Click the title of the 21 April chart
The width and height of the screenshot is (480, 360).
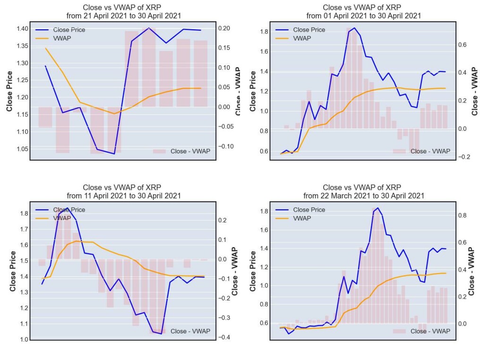coord(124,12)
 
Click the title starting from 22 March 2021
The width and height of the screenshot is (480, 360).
coord(363,191)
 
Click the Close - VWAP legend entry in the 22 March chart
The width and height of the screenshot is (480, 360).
coord(430,331)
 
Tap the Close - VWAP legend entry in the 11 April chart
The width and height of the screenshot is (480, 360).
coord(190,331)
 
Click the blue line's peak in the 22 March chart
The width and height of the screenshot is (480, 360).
coord(377,208)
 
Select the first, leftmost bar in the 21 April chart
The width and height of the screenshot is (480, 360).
coord(45,117)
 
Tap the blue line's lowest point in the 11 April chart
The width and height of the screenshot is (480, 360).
coord(161,334)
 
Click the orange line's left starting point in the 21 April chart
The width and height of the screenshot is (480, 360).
coord(45,48)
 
